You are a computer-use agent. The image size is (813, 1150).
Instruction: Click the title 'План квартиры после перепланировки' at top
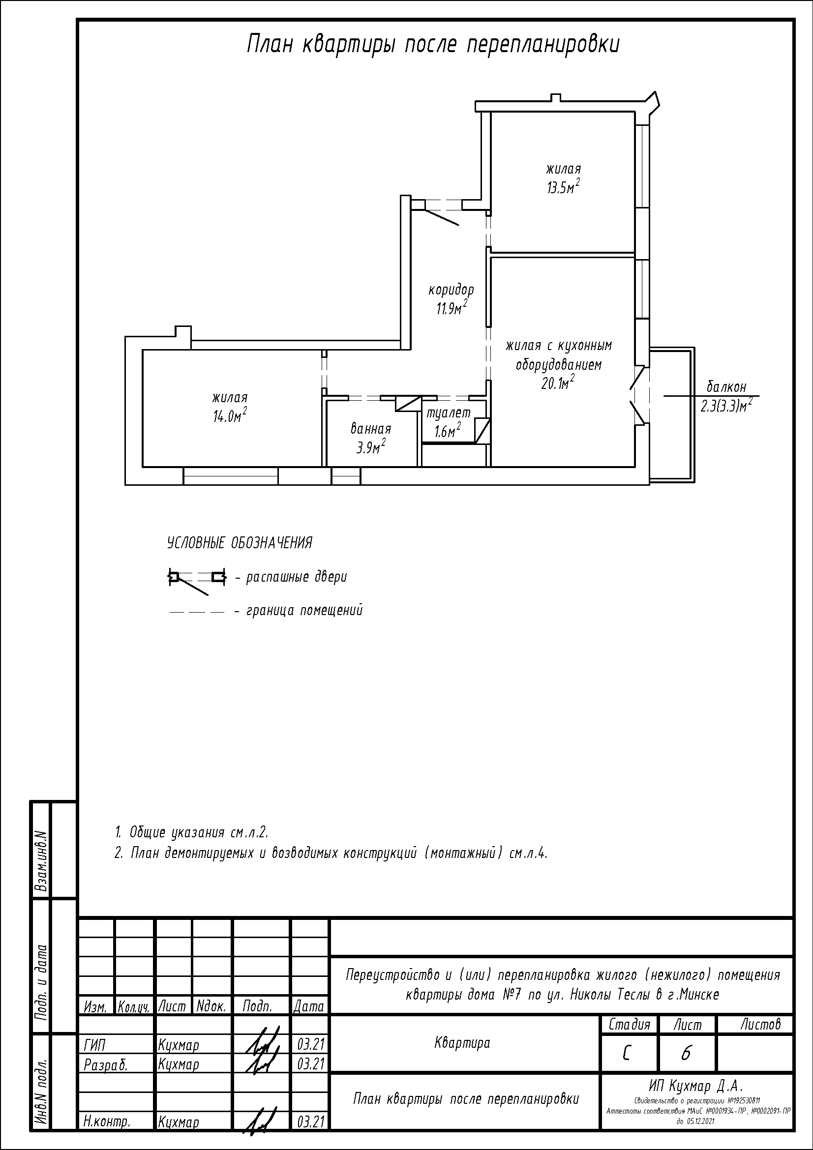pyautogui.click(x=433, y=45)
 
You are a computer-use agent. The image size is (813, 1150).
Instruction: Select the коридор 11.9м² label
pyautogui.click(x=451, y=299)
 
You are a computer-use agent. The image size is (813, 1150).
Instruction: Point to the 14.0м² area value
pyautogui.click(x=230, y=415)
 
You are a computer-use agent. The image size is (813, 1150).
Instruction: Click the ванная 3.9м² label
pyautogui.click(x=371, y=438)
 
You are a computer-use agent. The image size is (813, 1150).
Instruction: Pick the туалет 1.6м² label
pyautogui.click(x=449, y=422)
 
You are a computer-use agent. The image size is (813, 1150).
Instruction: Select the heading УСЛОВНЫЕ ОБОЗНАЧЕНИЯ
pyautogui.click(x=240, y=543)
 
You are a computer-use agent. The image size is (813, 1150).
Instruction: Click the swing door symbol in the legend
pyautogui.click(x=197, y=582)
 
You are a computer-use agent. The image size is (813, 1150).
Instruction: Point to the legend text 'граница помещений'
pyautogui.click(x=304, y=611)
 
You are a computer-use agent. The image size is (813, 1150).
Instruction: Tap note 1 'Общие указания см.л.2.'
pyautogui.click(x=192, y=832)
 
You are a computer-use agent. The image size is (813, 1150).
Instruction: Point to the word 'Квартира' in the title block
pyautogui.click(x=462, y=1043)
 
